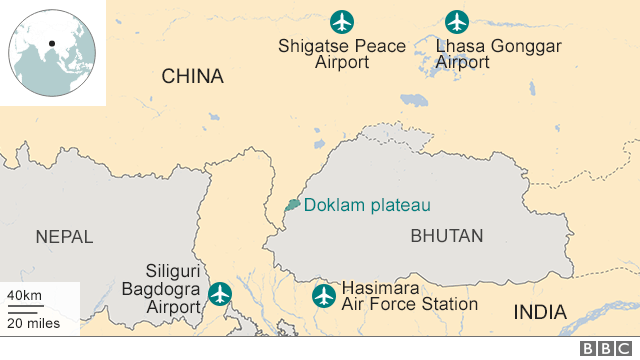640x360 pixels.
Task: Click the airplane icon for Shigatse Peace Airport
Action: pyautogui.click(x=342, y=21)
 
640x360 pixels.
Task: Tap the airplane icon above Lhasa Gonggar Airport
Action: pyautogui.click(x=457, y=21)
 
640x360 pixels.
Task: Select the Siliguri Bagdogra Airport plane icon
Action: pyautogui.click(x=219, y=294)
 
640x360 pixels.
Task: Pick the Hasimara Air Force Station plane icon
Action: pyautogui.click(x=323, y=295)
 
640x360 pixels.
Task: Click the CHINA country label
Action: pyautogui.click(x=192, y=77)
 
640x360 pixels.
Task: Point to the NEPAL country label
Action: pyautogui.click(x=64, y=237)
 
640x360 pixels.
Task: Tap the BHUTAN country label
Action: pyautogui.click(x=446, y=237)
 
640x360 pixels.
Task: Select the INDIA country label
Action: pyautogui.click(x=540, y=312)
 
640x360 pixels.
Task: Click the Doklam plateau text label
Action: pyautogui.click(x=367, y=206)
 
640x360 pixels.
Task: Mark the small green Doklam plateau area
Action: pyautogui.click(x=292, y=204)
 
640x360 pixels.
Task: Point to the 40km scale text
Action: pyautogui.click(x=24, y=295)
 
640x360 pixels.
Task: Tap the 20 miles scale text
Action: pyautogui.click(x=32, y=322)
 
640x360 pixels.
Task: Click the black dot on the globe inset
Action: pyautogui.click(x=50, y=44)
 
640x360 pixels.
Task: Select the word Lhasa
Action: pyautogui.click(x=457, y=46)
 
